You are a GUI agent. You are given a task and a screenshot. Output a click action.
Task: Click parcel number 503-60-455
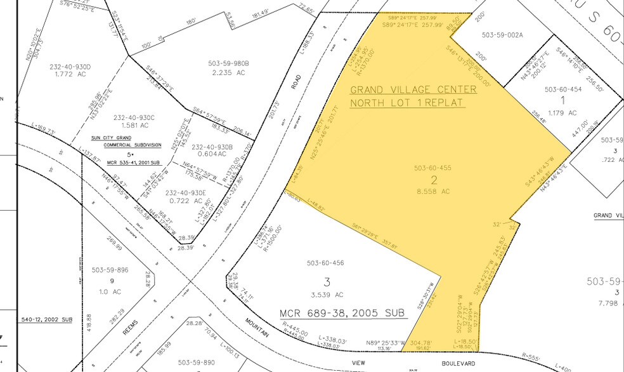432,168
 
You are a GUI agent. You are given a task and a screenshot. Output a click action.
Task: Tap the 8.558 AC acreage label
433,190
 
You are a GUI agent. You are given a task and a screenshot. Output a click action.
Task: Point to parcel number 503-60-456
325,263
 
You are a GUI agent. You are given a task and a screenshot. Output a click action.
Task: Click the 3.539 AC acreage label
325,295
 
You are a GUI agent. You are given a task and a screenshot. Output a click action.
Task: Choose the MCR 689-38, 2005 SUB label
332,314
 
